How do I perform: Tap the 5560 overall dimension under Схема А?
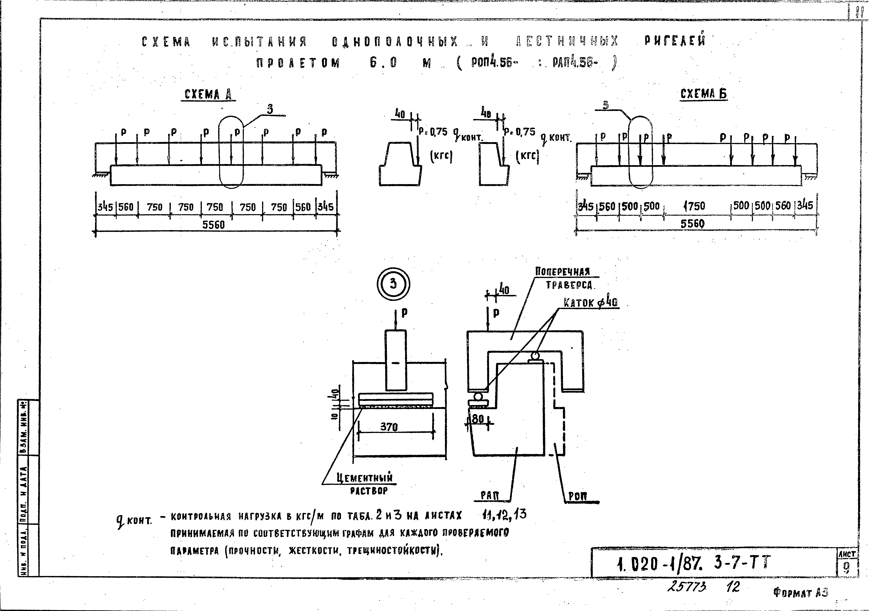click(x=213, y=225)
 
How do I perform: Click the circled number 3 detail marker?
click(x=393, y=284)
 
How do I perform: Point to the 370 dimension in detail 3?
click(x=389, y=427)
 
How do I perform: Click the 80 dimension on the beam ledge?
click(x=478, y=419)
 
